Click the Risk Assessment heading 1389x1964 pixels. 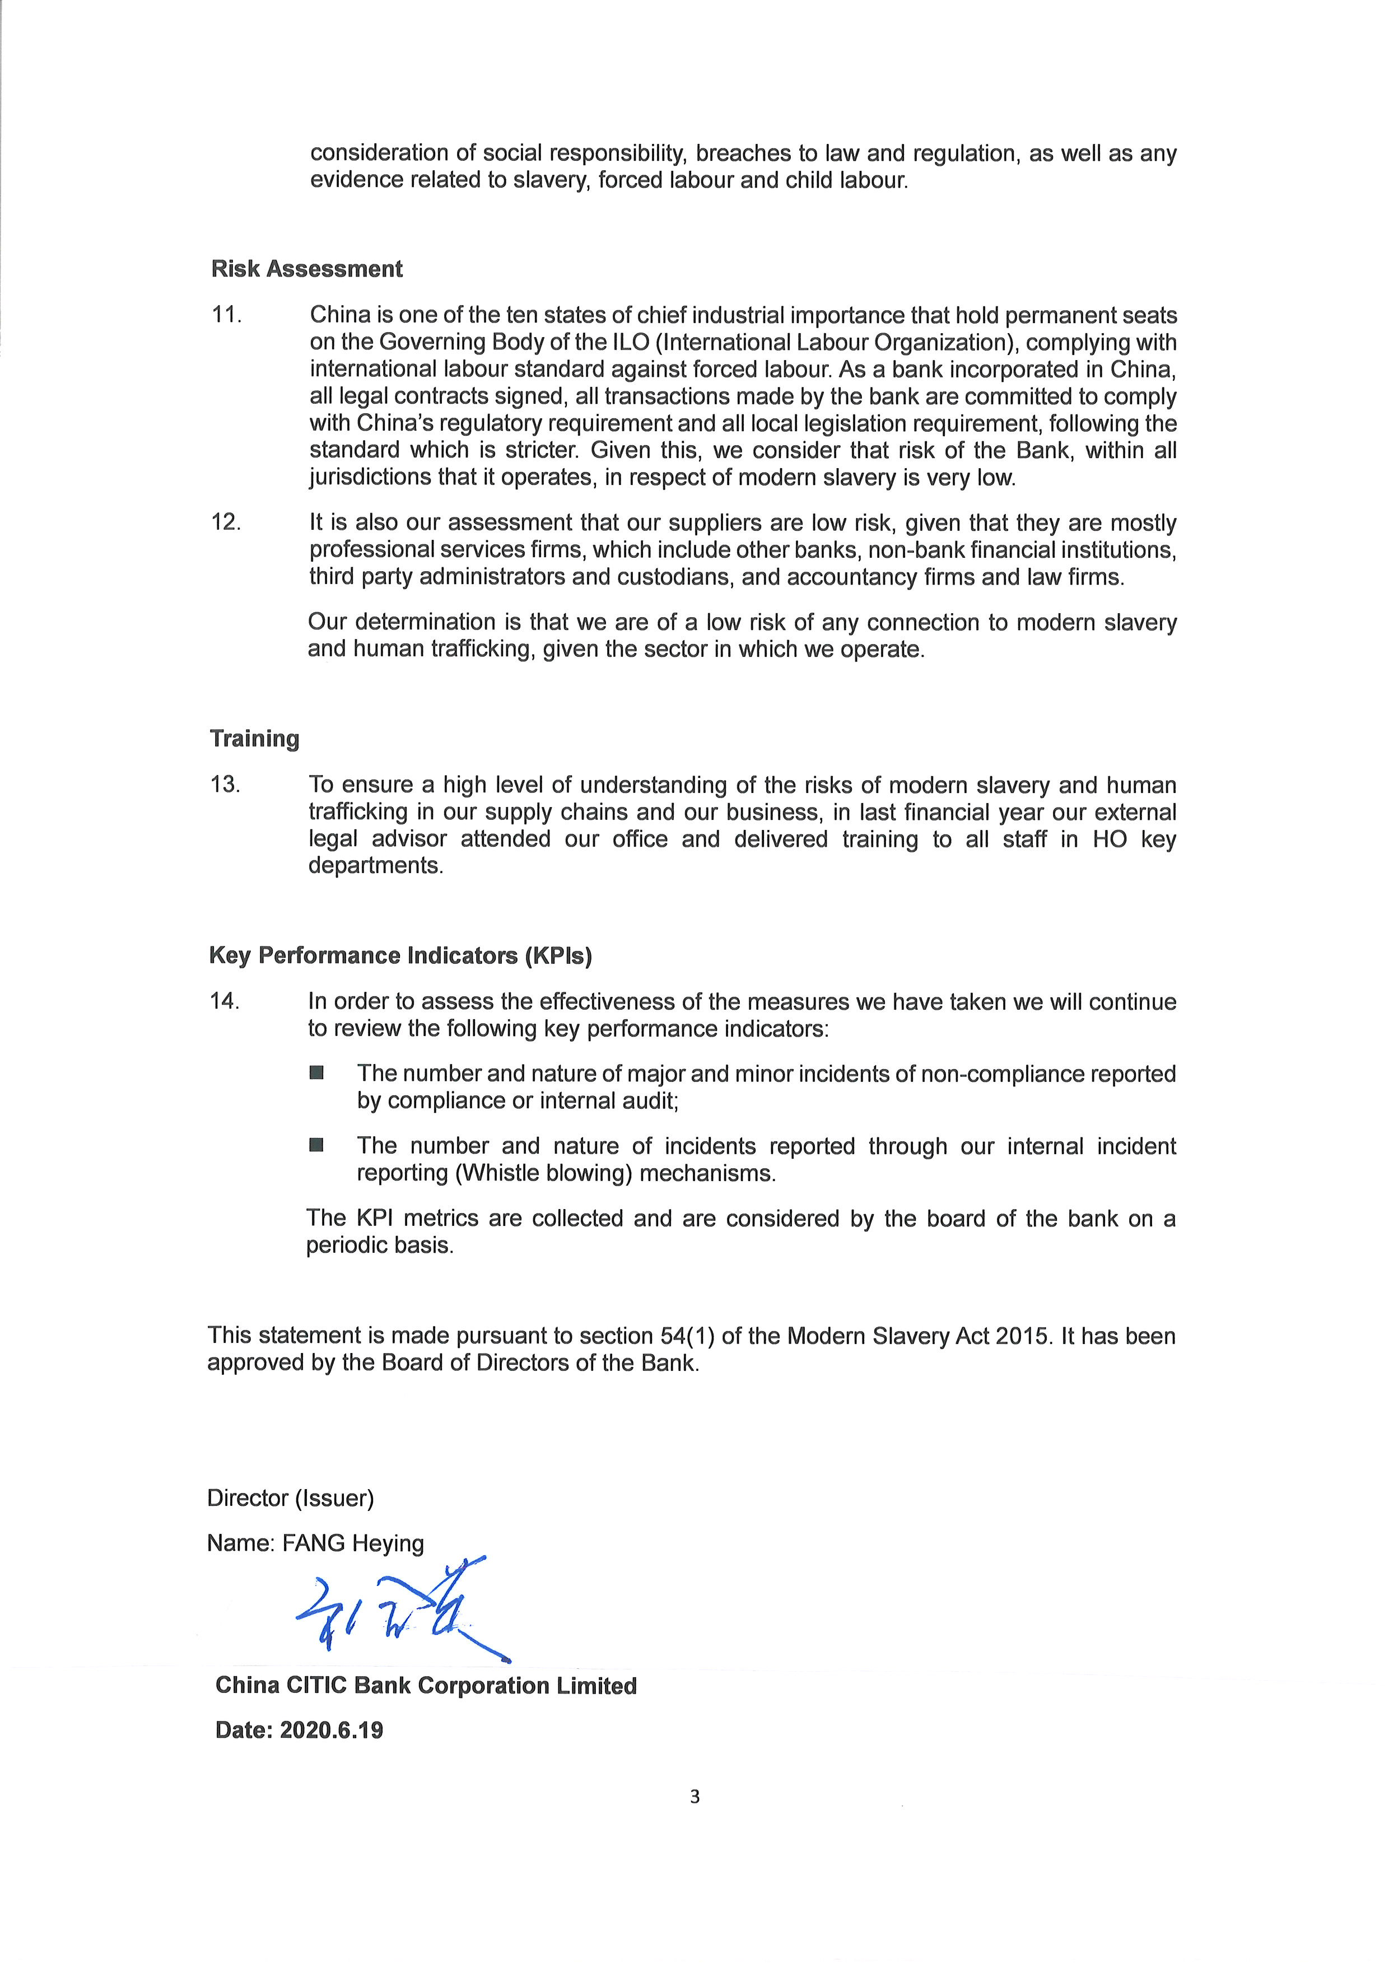[306, 269]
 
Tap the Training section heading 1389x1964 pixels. [254, 738]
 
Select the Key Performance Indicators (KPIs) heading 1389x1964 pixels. [400, 955]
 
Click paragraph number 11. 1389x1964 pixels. [227, 315]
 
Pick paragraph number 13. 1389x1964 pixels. [226, 785]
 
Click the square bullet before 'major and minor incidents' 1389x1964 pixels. [316, 1072]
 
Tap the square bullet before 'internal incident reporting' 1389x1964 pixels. [316, 1145]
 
